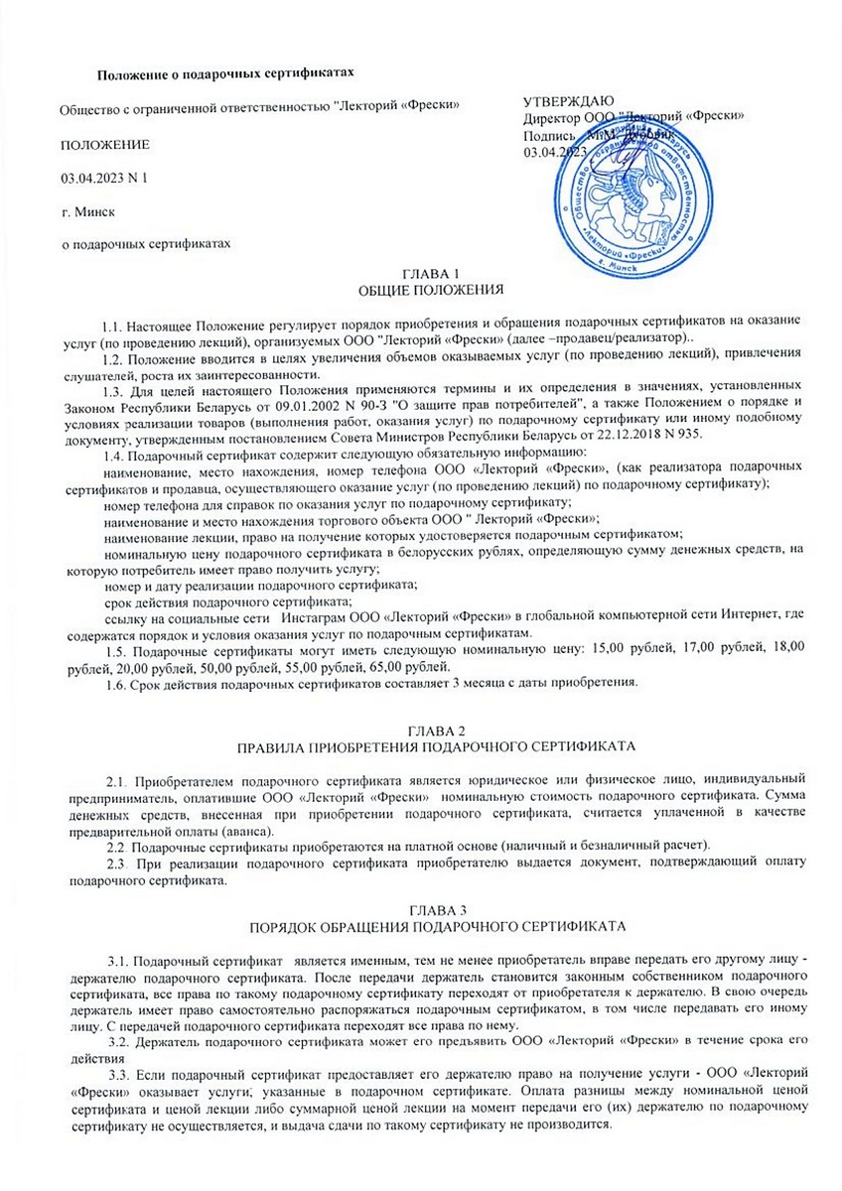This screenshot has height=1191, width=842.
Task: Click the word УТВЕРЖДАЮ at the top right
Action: coord(569,101)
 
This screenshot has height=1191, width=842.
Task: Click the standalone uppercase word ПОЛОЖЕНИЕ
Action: coord(106,145)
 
